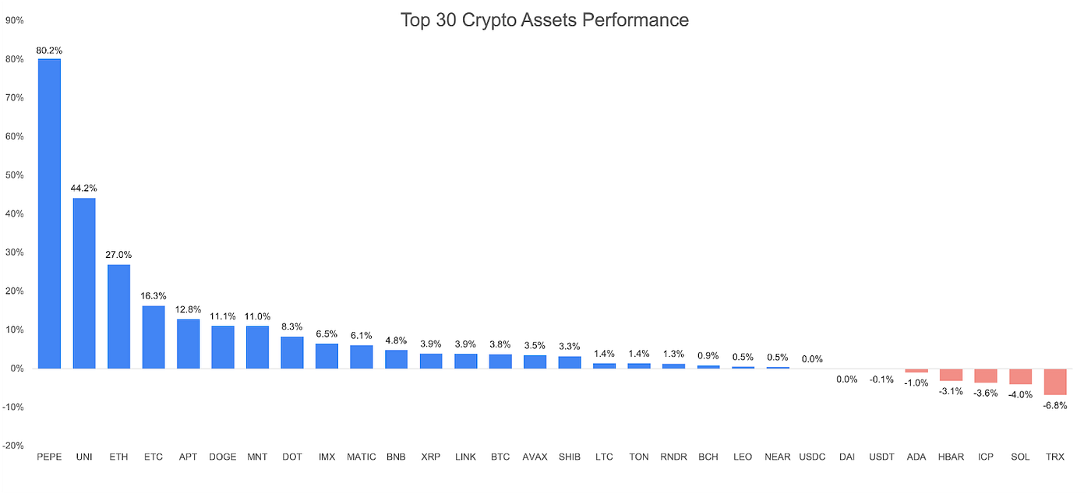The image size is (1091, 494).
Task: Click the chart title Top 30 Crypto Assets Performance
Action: [x=545, y=19]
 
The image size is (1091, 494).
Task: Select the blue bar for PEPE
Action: [x=49, y=213]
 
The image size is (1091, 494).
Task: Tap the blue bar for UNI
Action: [x=84, y=283]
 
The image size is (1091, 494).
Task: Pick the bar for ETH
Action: [x=118, y=316]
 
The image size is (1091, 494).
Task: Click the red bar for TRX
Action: [x=1055, y=382]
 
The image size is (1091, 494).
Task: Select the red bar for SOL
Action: [x=1020, y=376]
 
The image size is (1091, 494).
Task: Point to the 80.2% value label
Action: [x=49, y=51]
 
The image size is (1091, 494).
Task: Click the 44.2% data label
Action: [x=84, y=189]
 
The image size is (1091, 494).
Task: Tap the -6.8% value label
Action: [x=1055, y=405]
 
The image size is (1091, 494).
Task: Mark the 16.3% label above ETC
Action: [x=154, y=296]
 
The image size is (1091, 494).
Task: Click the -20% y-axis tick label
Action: [x=14, y=446]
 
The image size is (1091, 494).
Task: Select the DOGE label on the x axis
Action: [x=223, y=457]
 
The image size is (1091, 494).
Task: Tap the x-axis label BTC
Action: [x=500, y=457]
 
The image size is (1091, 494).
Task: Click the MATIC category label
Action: [x=362, y=457]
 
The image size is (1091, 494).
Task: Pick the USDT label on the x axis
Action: [x=881, y=457]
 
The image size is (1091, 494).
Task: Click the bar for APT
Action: [x=188, y=344]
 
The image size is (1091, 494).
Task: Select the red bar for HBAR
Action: [x=951, y=375]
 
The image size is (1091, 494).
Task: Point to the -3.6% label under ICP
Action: [x=986, y=393]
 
